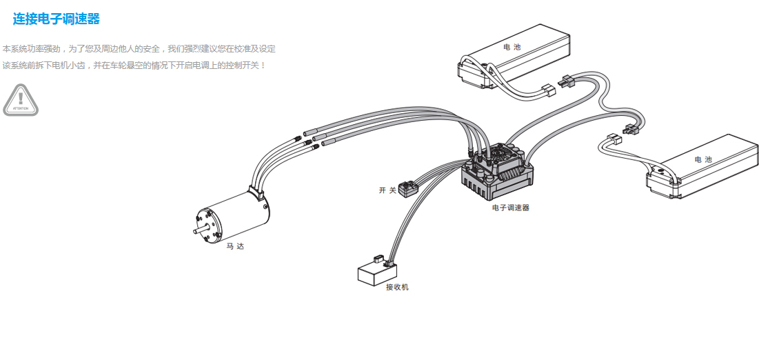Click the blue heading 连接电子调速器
[x=57, y=19]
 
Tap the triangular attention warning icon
[x=21, y=100]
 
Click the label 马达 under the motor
[x=235, y=246]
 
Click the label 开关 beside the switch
[x=387, y=190]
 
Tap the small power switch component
[x=409, y=188]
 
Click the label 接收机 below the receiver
[x=397, y=287]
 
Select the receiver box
[x=372, y=273]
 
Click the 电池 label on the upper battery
[x=512, y=47]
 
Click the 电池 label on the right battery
[x=703, y=159]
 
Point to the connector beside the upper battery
[x=549, y=90]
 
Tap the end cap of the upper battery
[x=476, y=74]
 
